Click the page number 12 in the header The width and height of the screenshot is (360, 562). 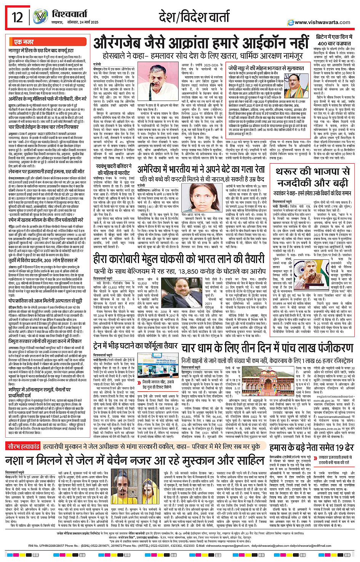pyautogui.click(x=17, y=18)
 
